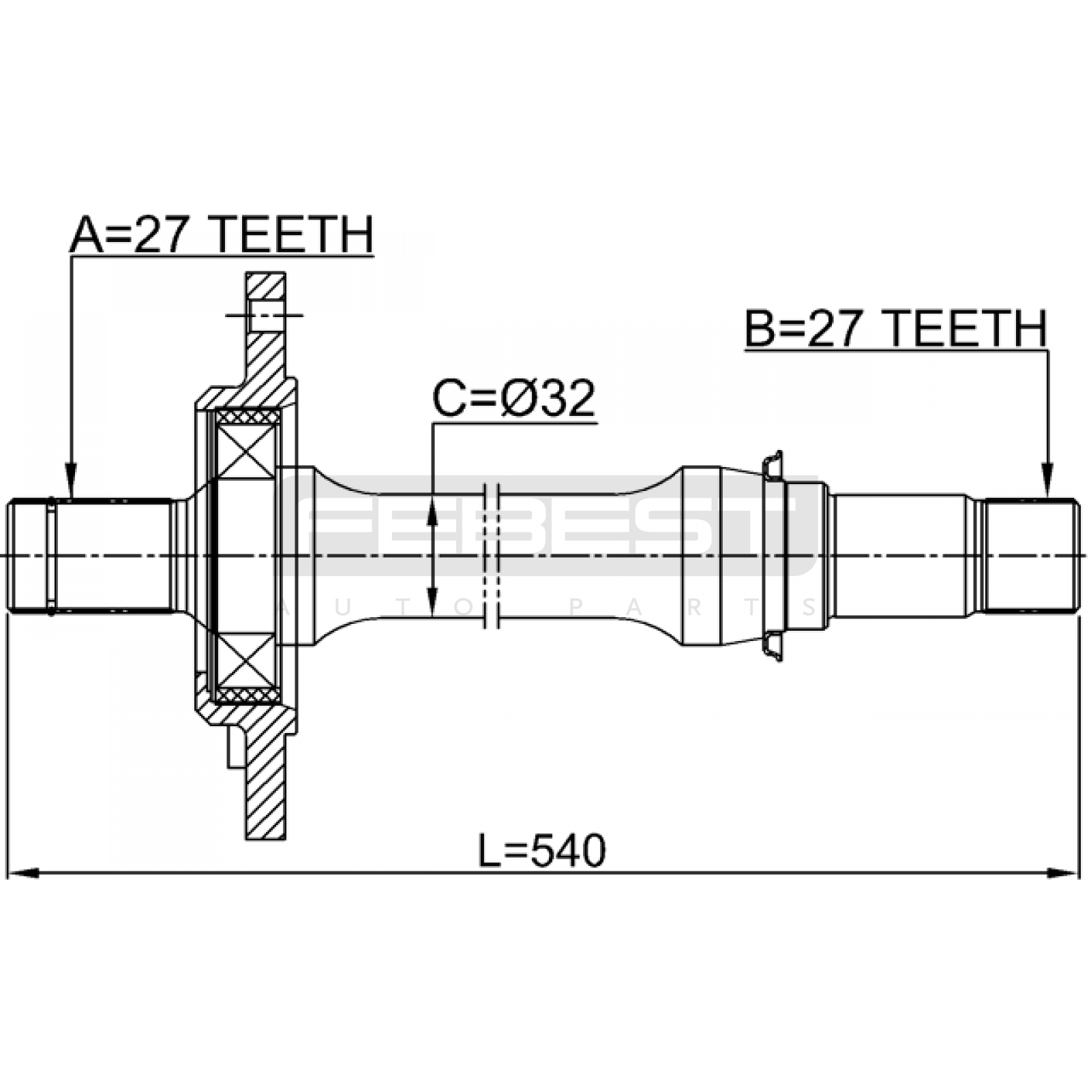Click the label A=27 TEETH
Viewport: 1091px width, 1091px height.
tap(222, 235)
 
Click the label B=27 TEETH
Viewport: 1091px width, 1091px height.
tap(895, 329)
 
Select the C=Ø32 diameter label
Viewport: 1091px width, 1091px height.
tap(514, 399)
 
